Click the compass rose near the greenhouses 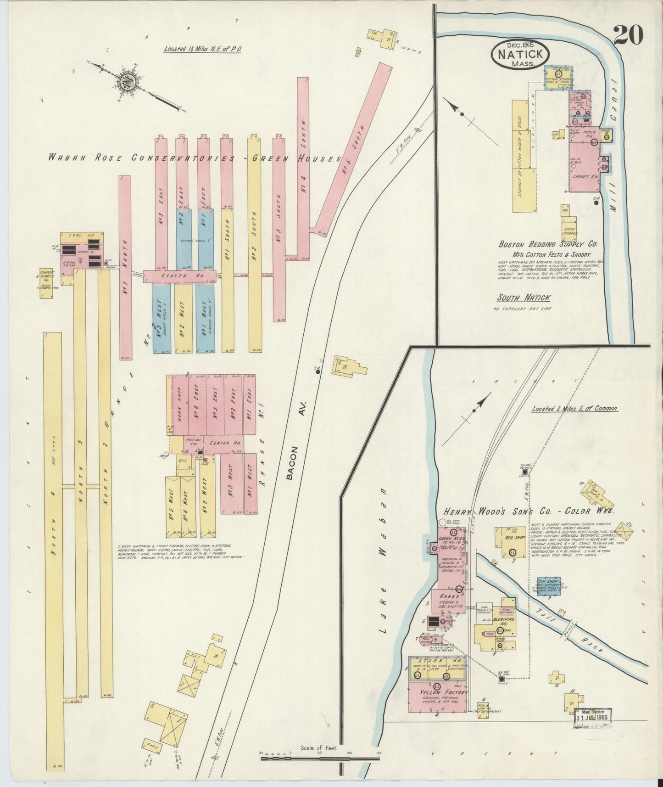click(125, 82)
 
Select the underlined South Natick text click(524, 298)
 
